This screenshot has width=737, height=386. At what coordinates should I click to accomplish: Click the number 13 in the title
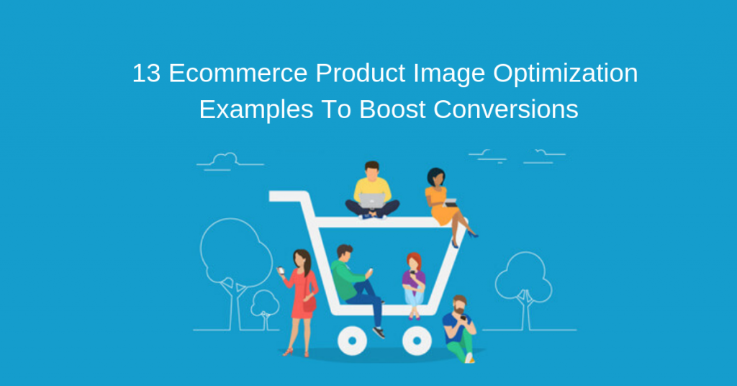click(x=146, y=73)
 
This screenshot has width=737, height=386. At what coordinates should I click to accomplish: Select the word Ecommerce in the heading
click(x=238, y=73)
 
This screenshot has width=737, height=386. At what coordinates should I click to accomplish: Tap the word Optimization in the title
click(x=566, y=73)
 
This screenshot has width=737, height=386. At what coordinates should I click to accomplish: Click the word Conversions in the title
click(x=506, y=109)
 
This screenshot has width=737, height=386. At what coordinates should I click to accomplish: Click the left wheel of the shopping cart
click(x=353, y=340)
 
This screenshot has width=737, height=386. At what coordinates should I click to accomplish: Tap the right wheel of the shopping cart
click(x=417, y=340)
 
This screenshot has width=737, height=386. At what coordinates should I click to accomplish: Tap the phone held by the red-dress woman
click(x=281, y=270)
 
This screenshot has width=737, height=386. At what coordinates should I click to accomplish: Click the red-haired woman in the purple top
click(x=414, y=285)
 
